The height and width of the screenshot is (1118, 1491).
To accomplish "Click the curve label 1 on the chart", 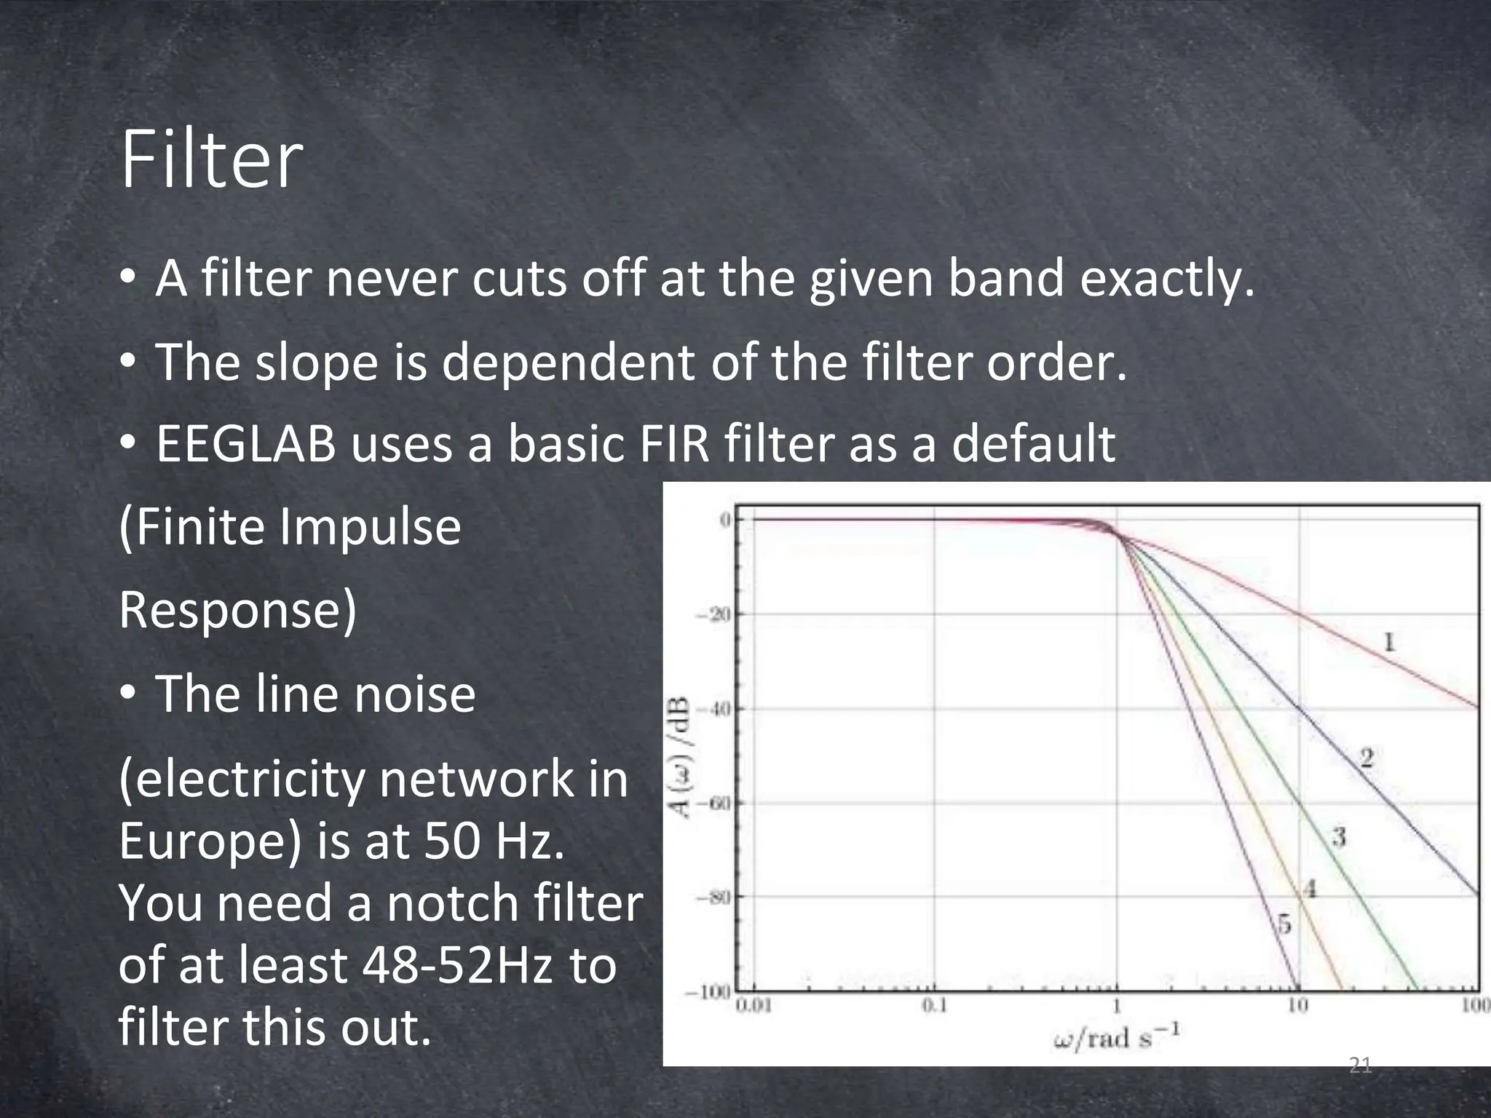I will pyautogui.click(x=1389, y=642).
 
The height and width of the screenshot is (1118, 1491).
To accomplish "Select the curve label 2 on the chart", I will pyautogui.click(x=1367, y=759).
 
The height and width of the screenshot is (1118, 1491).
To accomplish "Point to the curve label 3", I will pyautogui.click(x=1339, y=838).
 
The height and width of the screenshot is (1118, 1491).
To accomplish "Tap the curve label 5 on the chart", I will pyautogui.click(x=1285, y=924).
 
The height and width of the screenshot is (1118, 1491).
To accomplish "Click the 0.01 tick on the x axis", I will pyautogui.click(x=755, y=1007).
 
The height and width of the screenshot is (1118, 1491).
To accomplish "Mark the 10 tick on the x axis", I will pyautogui.click(x=1298, y=1007).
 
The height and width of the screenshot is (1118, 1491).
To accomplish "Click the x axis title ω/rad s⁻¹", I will pyautogui.click(x=1115, y=1036).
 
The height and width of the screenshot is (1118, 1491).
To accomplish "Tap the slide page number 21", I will pyautogui.click(x=1360, y=1066).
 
